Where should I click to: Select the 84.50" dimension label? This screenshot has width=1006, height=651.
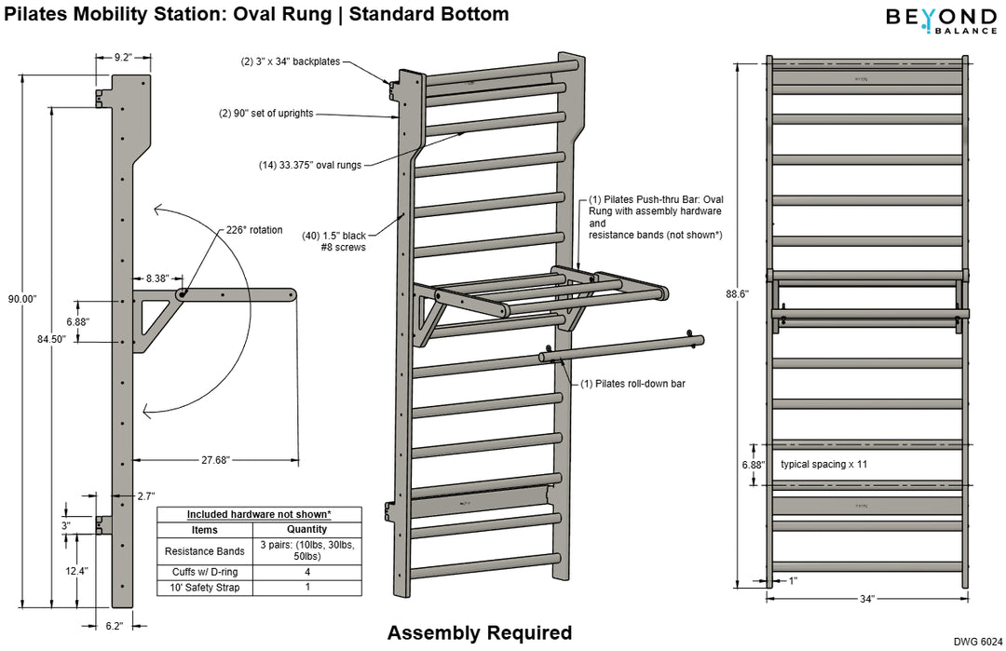[51, 340]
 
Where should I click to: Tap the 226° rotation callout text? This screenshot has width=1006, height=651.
[253, 230]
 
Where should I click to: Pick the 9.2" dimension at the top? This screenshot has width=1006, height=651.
[122, 57]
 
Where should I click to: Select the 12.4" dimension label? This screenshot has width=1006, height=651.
[76, 571]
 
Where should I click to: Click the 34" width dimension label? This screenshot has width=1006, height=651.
[867, 599]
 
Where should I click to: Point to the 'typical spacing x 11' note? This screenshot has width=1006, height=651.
[830, 464]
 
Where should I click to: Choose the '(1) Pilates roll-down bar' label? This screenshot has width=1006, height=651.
[632, 383]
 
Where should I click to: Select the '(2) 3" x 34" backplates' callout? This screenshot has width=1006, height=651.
[291, 62]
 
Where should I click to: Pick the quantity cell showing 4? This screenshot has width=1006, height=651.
[306, 572]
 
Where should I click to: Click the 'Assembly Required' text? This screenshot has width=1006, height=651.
[480, 633]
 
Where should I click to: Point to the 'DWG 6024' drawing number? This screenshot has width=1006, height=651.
[978, 642]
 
